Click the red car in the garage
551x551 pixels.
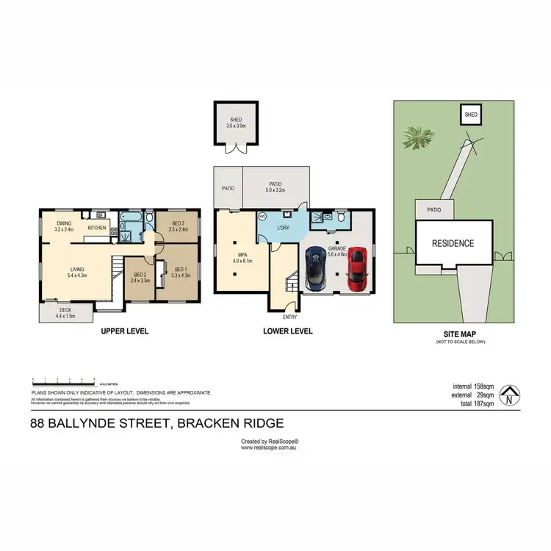coord(358,267)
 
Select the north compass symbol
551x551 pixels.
coord(510,395)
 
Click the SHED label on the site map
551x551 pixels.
coord(471,115)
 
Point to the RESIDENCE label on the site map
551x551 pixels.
coord(452,243)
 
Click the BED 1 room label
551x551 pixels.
coord(181,273)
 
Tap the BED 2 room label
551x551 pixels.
coord(140,277)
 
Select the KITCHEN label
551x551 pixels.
coord(97,228)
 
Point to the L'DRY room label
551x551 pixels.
coord(286,228)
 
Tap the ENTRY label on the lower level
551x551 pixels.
coord(289,317)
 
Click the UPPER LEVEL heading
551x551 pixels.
coord(125,331)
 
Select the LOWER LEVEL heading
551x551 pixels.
coord(288,331)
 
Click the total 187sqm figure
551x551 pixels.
coord(474,403)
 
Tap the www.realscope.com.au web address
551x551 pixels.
coord(270,448)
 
